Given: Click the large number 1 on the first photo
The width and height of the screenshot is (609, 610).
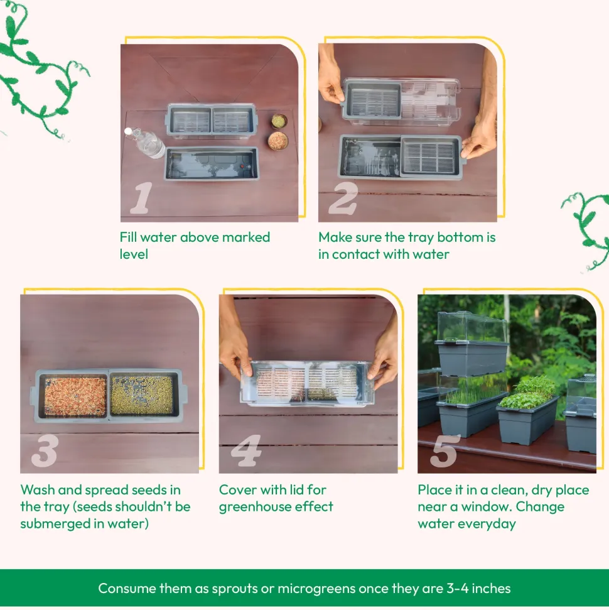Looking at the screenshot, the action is pyautogui.click(x=141, y=198).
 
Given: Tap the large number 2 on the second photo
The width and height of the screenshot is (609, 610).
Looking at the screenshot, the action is pyautogui.click(x=343, y=199).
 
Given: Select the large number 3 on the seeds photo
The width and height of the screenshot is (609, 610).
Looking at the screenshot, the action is pyautogui.click(x=45, y=450).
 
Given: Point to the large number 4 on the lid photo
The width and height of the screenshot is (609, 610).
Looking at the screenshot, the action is pyautogui.click(x=246, y=450).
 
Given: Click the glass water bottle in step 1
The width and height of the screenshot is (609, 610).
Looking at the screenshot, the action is pyautogui.click(x=146, y=143).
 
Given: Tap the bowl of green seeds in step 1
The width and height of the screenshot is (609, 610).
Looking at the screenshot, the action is pyautogui.click(x=279, y=121).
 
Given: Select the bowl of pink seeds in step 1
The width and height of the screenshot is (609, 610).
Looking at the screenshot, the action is pyautogui.click(x=278, y=141).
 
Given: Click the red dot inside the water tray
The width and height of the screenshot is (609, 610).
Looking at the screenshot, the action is pyautogui.click(x=242, y=166).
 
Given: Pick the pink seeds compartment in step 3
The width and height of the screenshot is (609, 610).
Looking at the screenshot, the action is pyautogui.click(x=75, y=396).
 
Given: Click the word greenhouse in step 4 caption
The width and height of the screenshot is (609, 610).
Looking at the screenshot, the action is pyautogui.click(x=255, y=507).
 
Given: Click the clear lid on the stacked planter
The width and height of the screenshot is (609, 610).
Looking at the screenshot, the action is pyautogui.click(x=472, y=327).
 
